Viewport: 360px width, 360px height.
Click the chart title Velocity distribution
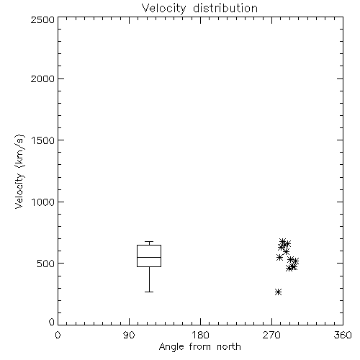click(x=199, y=8)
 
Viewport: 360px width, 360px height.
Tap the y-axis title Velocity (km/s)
click(x=19, y=171)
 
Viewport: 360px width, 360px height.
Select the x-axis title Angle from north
click(x=199, y=346)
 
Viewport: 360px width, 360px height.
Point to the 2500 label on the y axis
click(x=42, y=19)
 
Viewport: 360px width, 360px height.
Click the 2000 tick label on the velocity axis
click(x=42, y=78)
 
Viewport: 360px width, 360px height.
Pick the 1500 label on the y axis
click(x=43, y=140)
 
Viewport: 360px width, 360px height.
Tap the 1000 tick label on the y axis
click(x=43, y=202)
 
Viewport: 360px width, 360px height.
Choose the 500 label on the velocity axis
click(x=46, y=264)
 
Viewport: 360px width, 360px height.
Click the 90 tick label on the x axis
click(x=129, y=335)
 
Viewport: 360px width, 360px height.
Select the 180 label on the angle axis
click(x=200, y=335)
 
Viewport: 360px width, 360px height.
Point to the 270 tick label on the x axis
click(x=271, y=335)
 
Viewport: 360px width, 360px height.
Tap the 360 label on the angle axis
click(x=343, y=335)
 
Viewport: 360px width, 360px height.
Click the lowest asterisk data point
click(x=278, y=292)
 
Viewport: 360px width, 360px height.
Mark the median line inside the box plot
click(x=149, y=257)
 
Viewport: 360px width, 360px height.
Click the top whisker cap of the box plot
click(x=149, y=241)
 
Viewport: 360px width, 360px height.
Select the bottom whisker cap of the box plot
click(x=149, y=292)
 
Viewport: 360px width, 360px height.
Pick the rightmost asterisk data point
click(x=296, y=261)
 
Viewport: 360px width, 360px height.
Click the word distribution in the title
click(x=225, y=8)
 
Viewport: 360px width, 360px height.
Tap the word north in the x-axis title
click(x=229, y=346)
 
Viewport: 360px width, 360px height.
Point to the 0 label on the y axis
click(x=52, y=322)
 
